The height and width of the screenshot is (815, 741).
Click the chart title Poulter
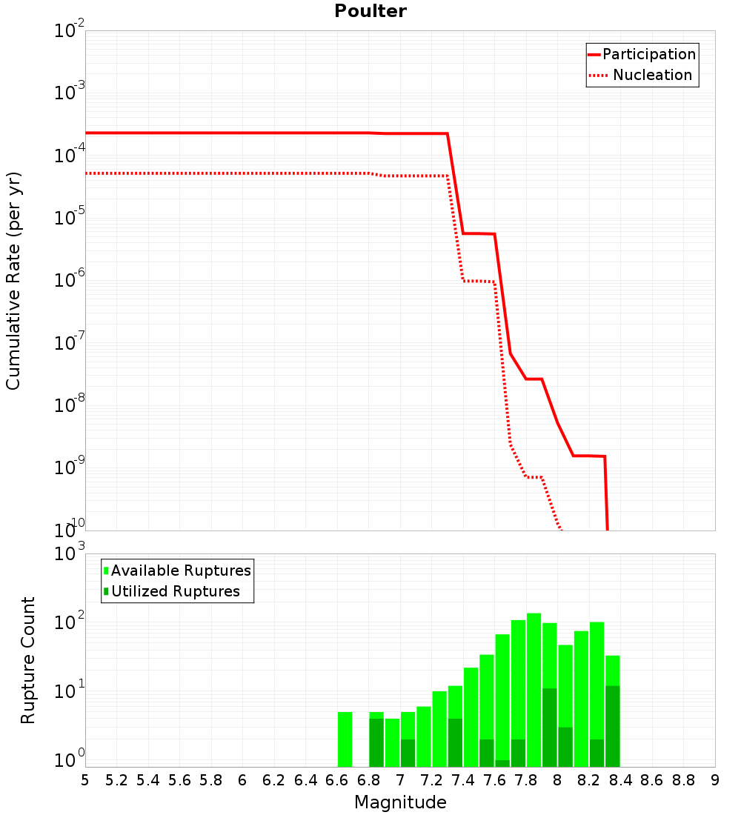[370, 11]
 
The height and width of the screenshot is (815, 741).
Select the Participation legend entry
[642, 54]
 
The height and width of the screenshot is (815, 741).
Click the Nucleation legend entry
[642, 75]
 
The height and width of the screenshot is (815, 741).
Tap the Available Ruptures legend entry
[177, 570]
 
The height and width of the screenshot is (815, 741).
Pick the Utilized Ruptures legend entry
[172, 591]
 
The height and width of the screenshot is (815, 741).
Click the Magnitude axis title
[400, 802]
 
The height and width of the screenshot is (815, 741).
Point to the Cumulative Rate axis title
[13, 281]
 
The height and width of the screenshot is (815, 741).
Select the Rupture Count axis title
[27, 660]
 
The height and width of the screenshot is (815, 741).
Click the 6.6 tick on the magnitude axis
[337, 780]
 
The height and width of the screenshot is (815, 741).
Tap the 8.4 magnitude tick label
[620, 780]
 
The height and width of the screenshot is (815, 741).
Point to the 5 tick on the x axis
[85, 780]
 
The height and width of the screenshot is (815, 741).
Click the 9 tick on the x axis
[715, 780]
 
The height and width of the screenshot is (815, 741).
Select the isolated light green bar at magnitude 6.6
[345, 739]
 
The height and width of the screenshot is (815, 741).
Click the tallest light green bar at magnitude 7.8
[534, 690]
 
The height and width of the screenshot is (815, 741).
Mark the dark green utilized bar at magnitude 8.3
[613, 726]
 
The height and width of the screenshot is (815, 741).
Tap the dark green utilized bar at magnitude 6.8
[376, 742]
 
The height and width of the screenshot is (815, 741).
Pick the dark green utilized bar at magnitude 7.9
[550, 728]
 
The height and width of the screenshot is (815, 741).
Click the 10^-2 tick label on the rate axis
[70, 30]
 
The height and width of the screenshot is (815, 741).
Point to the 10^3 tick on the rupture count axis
[70, 553]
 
